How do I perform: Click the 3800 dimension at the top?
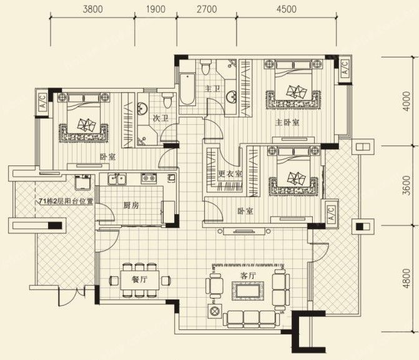92,9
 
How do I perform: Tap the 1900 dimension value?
155,9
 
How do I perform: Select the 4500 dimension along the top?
287,9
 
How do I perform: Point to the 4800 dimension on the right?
407,278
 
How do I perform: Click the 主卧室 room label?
287,122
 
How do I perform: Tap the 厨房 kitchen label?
131,205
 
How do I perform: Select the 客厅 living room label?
248,276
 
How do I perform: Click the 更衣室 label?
230,174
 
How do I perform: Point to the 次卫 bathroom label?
160,118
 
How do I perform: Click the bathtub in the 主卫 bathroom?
187,89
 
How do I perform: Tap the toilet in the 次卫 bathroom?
167,100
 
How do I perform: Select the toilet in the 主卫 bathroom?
205,67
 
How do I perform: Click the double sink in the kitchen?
117,179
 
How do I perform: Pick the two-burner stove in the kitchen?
149,178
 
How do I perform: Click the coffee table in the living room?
248,291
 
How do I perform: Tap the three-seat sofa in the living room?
252,319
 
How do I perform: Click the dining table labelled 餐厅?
140,280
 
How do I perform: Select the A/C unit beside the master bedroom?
345,68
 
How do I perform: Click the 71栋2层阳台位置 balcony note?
66,202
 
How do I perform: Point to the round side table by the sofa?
214,311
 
